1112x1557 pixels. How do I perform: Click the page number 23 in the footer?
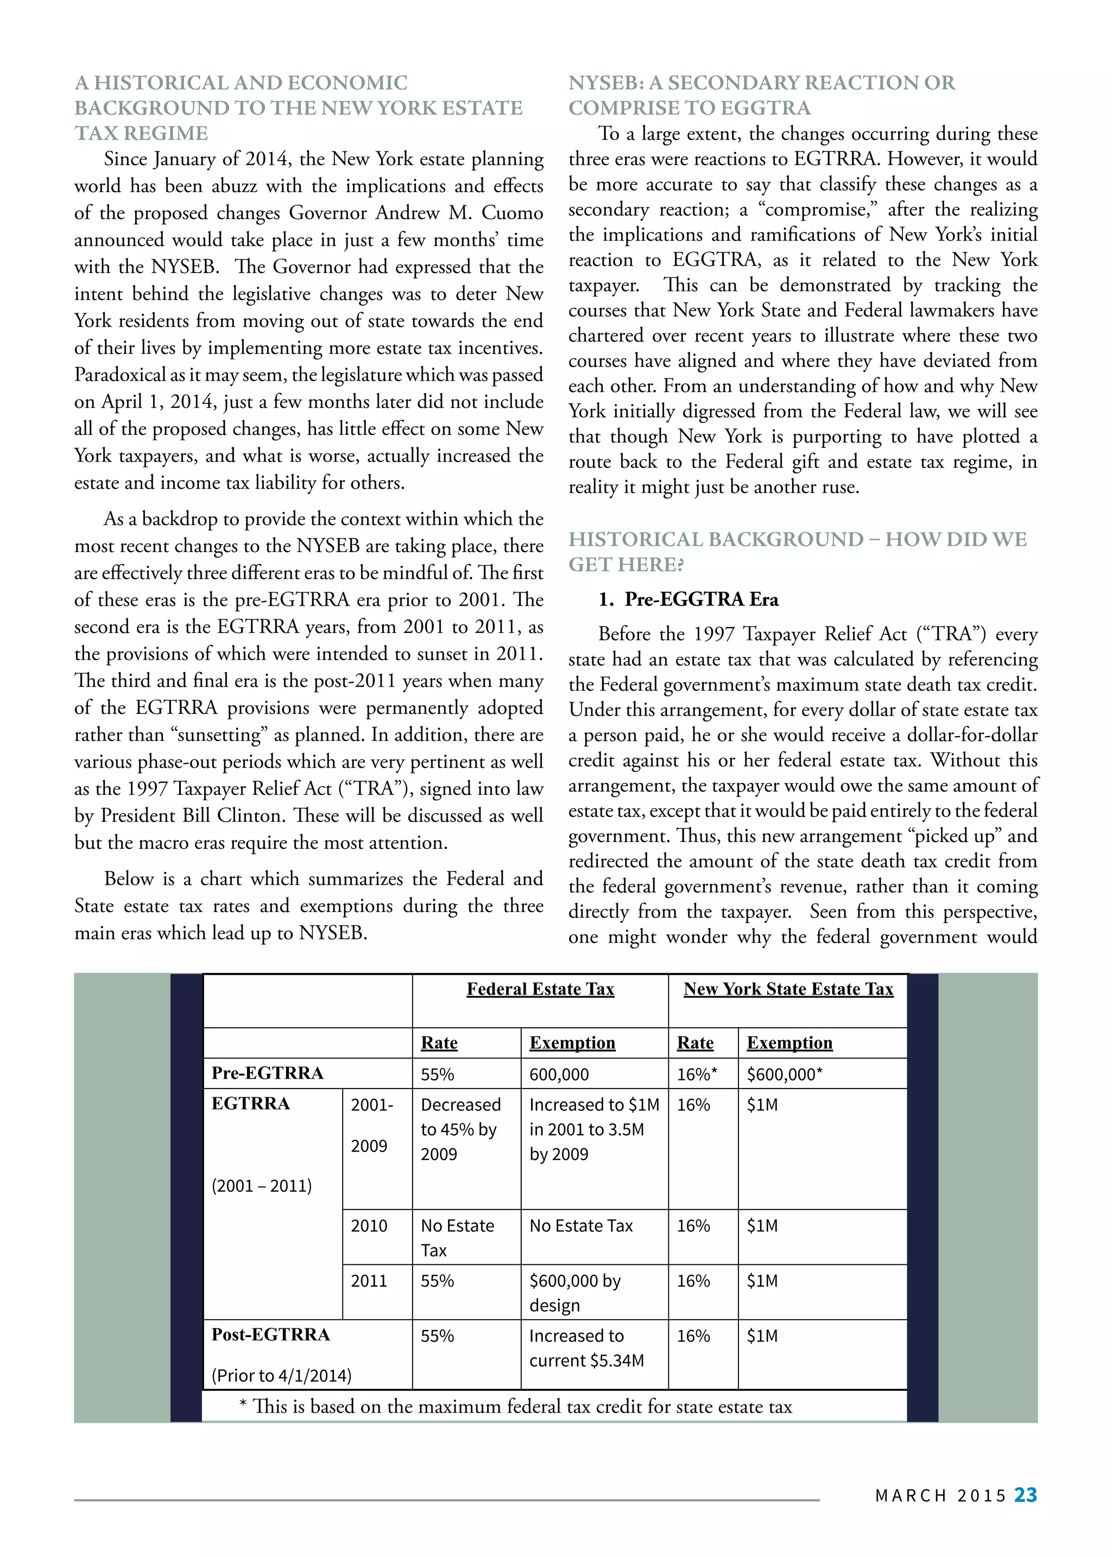click(x=1025, y=1495)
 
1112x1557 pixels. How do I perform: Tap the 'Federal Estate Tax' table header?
click(x=540, y=989)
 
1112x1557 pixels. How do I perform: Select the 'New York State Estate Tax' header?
click(x=788, y=989)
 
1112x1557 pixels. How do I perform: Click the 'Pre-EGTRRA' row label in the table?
click(x=267, y=1073)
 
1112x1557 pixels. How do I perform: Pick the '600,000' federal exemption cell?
click(x=559, y=1074)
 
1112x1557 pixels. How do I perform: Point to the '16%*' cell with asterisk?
click(x=697, y=1074)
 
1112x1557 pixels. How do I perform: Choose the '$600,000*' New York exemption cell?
click(x=784, y=1074)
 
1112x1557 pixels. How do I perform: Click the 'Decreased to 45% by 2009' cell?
click(x=460, y=1129)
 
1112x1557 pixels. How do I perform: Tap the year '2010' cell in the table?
click(x=369, y=1226)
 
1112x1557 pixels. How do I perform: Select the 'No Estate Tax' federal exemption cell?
click(x=580, y=1226)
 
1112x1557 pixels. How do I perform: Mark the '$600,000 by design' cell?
click(x=574, y=1293)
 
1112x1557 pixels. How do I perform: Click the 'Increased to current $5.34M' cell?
click(x=586, y=1347)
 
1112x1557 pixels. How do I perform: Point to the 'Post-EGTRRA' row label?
click(x=270, y=1334)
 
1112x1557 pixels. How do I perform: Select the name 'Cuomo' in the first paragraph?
click(x=512, y=213)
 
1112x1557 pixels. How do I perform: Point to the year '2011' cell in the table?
click(x=369, y=1280)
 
